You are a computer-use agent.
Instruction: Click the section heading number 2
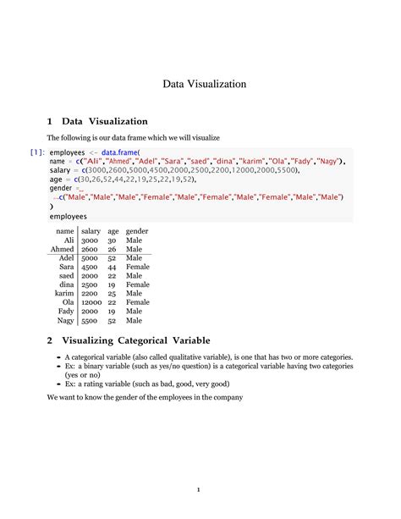point(50,340)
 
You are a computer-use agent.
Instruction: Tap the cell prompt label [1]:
point(37,152)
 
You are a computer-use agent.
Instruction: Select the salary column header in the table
point(91,230)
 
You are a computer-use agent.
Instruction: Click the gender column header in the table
point(137,230)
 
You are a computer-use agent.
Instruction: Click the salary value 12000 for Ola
point(92,302)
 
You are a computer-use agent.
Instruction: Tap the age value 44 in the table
point(112,267)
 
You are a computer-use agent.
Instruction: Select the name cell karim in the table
point(65,294)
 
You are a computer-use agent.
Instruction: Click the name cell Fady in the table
point(66,312)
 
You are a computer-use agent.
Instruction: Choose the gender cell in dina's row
point(137,284)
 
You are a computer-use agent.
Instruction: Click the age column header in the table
point(113,230)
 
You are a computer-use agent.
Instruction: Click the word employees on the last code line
point(69,216)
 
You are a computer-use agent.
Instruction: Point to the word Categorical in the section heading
point(142,340)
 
